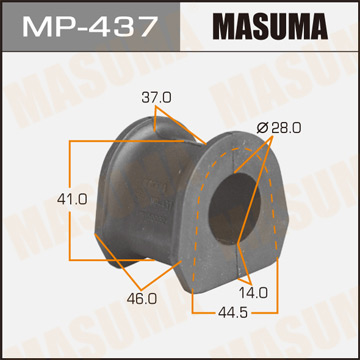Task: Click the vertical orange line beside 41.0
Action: point(68,197)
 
